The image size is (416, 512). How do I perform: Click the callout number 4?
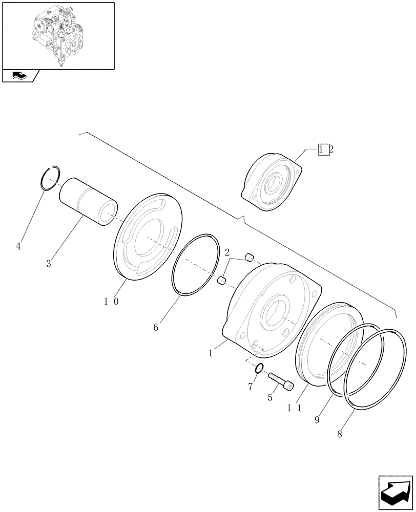18,247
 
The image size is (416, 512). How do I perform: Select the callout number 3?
49,264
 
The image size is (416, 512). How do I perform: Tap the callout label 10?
112,302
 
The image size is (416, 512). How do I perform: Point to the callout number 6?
156,326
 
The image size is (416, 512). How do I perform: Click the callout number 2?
227,251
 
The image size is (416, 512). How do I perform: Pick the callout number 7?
251,386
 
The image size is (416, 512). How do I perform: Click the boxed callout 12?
326,150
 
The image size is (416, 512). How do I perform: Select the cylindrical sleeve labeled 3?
88,201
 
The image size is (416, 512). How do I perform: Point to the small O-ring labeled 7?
259,368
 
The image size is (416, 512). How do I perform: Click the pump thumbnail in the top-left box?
57,36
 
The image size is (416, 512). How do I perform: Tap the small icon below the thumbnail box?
19,76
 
